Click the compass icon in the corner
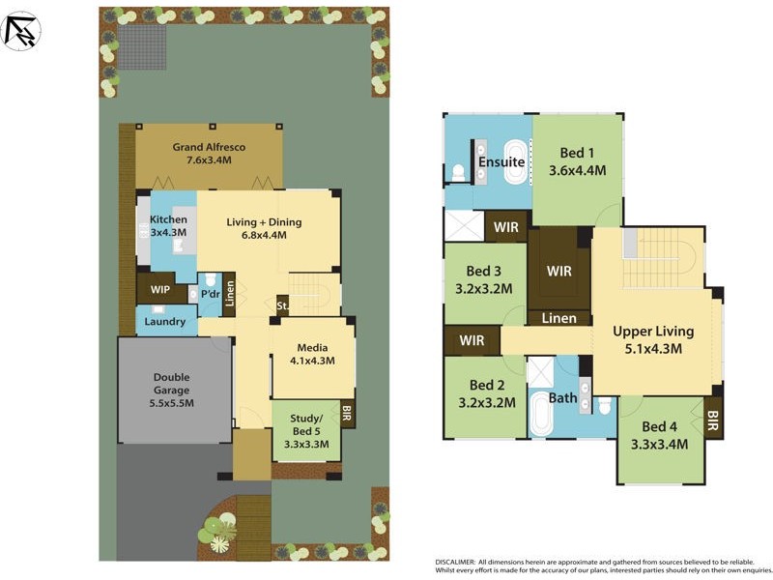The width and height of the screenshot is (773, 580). click(22, 30)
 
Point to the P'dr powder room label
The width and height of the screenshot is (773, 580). click(210, 294)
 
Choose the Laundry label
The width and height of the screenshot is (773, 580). click(166, 322)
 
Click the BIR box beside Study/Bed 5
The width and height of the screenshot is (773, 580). click(347, 414)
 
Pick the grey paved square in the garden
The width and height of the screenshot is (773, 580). click(141, 46)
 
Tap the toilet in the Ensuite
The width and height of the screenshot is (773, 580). click(458, 173)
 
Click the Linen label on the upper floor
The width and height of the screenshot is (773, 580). click(558, 318)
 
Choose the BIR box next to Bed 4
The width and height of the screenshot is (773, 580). click(713, 420)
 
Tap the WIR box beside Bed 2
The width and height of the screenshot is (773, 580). click(472, 340)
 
